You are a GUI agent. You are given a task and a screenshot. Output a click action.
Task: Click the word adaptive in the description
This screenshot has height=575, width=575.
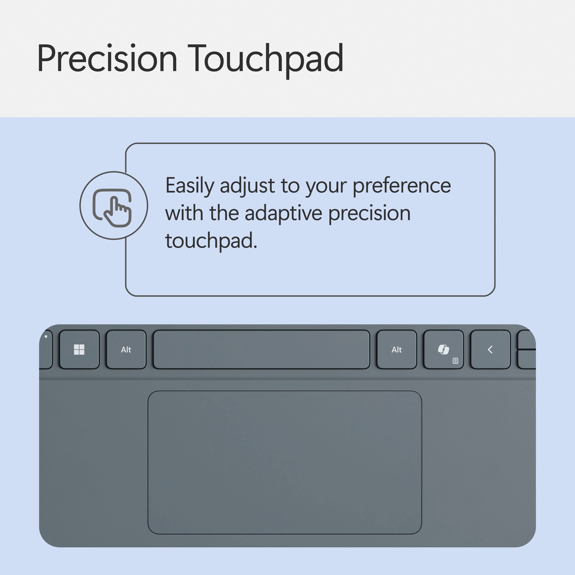coord(283,213)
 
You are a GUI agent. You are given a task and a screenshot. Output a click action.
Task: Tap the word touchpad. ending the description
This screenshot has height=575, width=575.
coord(211,241)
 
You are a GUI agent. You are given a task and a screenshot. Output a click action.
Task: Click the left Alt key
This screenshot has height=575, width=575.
coord(126,350)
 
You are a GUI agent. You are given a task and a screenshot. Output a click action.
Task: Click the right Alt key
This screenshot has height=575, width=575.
coord(397,350)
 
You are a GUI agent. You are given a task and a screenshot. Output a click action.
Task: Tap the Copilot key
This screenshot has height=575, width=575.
coord(443,349)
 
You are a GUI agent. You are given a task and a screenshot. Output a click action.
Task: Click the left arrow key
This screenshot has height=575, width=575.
coord(490,350)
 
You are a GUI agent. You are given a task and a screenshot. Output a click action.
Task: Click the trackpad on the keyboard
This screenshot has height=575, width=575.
coord(285,462)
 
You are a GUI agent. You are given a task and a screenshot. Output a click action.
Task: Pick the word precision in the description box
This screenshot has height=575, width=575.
coord(369,214)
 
